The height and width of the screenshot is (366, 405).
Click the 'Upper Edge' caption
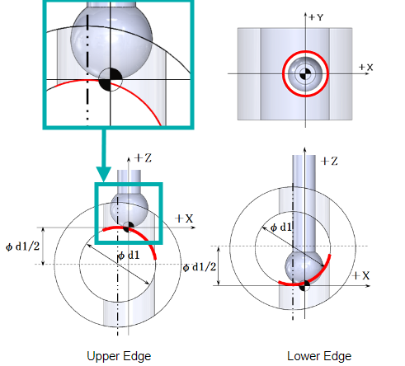coord(119,356)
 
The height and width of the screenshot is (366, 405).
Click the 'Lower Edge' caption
coord(319,356)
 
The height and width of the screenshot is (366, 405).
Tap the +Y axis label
coord(316,17)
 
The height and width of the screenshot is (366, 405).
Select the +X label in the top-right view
coord(366,68)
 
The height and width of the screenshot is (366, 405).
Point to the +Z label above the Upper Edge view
coord(143,158)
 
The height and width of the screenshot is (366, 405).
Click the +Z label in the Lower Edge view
coord(329,161)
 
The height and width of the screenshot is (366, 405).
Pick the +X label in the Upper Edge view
coord(184,218)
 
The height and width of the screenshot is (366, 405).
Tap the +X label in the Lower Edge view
coord(361,275)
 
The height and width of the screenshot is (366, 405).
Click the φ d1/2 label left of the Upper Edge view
coord(22,246)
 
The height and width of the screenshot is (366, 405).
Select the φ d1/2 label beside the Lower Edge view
coord(200,267)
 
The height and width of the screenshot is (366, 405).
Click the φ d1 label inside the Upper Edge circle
coord(129,256)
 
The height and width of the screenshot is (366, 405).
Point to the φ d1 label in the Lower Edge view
coord(280,228)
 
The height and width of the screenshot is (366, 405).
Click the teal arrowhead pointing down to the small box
coord(104,174)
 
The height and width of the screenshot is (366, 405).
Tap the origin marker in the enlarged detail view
coord(111,80)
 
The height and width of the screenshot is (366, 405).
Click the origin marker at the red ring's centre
coord(305,73)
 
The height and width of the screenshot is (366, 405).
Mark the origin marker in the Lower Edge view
coord(304,286)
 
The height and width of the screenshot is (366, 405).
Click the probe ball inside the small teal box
coord(129,209)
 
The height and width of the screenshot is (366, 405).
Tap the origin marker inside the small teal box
coord(129,228)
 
